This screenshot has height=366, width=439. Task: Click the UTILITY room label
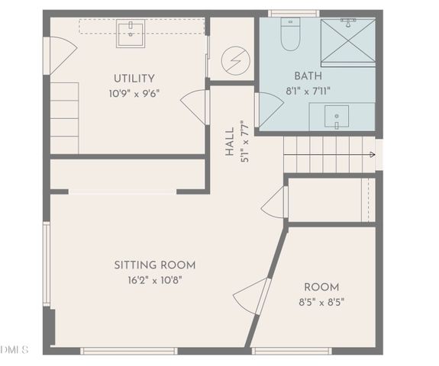click(134, 79)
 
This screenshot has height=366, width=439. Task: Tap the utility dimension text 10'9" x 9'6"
click(134, 94)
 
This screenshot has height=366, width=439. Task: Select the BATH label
click(308, 76)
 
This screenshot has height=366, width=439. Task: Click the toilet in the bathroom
click(290, 35)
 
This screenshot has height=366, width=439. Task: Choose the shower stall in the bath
click(347, 42)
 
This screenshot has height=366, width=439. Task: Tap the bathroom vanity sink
click(336, 117)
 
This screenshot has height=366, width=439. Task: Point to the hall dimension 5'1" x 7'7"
click(244, 139)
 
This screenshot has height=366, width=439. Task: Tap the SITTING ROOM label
click(154, 265)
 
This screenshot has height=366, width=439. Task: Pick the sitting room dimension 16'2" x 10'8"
click(154, 280)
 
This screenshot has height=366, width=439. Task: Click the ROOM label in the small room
click(321, 287)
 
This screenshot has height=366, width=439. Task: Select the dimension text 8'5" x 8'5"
click(321, 302)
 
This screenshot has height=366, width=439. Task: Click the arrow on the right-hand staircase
click(371, 155)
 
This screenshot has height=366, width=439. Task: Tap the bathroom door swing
click(268, 110)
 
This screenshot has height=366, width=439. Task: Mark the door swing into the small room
click(250, 297)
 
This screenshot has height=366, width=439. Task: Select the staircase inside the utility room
click(64, 118)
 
